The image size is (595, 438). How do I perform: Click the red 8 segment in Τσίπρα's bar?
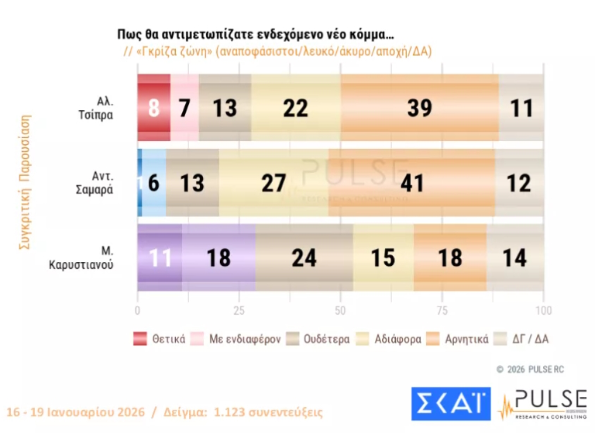tap(153, 108)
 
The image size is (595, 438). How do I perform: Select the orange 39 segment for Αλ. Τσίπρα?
tap(419, 108)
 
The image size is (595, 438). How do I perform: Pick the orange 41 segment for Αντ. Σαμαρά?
tap(411, 183)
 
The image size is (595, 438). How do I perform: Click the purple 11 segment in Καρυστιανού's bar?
tap(160, 257)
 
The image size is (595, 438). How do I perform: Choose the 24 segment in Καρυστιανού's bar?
tap(304, 257)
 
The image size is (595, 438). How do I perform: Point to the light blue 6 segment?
tap(154, 183)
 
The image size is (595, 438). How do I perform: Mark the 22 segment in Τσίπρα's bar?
tap(296, 108)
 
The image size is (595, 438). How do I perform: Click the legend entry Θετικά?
tap(160, 339)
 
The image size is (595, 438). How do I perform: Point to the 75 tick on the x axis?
tap(442, 311)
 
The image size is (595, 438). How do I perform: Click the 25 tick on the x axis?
tap(239, 311)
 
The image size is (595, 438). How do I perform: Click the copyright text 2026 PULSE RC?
tap(536, 369)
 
